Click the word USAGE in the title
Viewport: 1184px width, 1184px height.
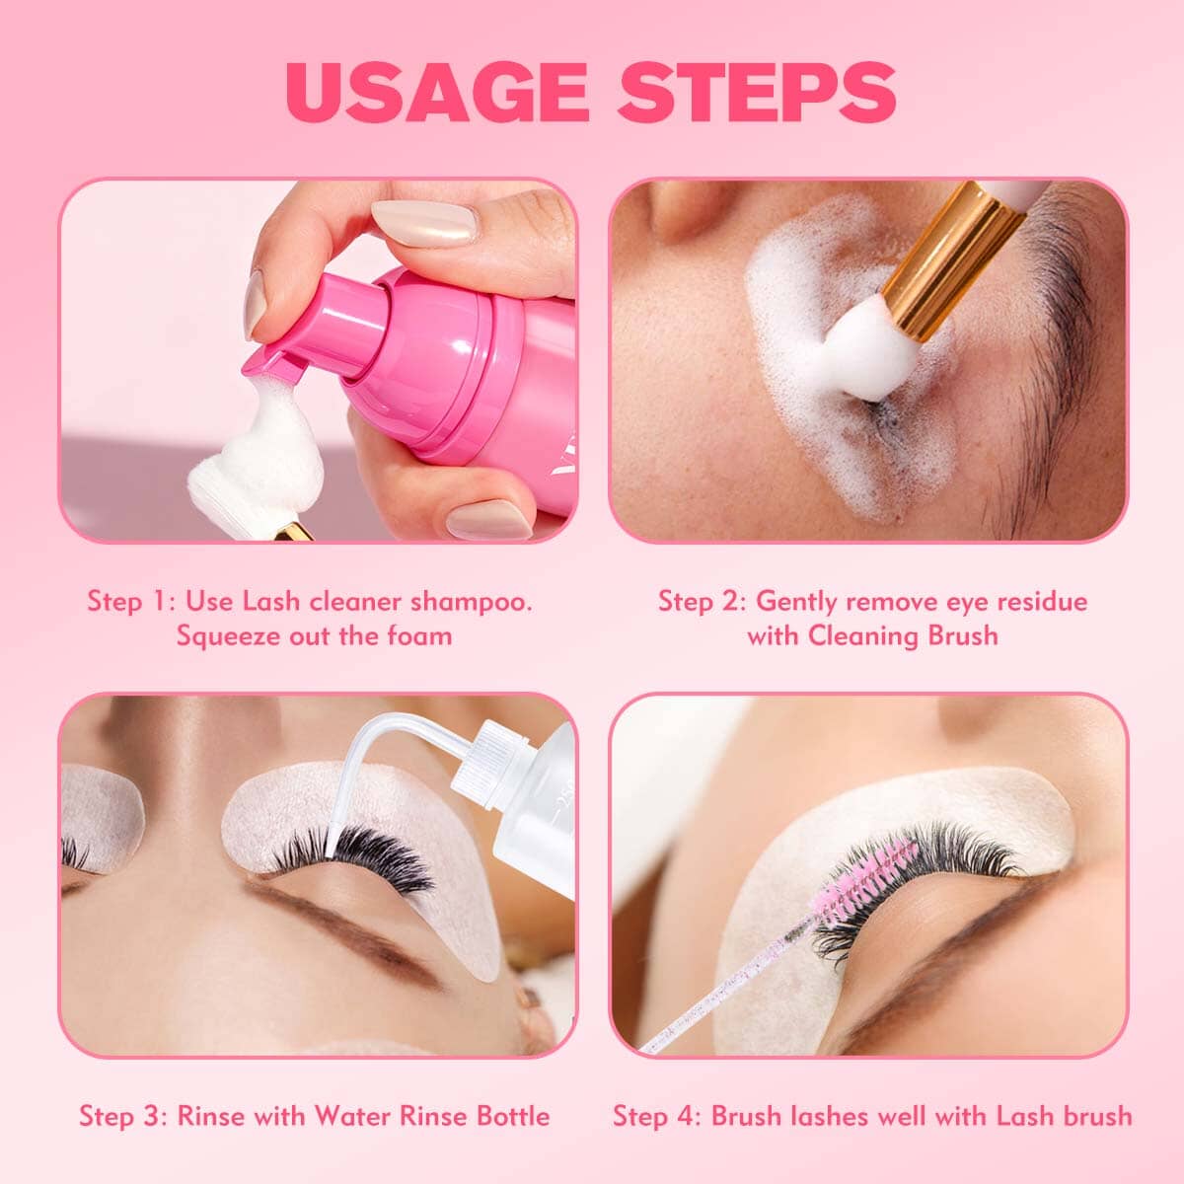click(437, 92)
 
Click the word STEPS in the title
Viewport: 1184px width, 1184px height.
click(757, 92)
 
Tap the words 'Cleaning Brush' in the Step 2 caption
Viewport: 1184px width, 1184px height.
click(903, 636)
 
